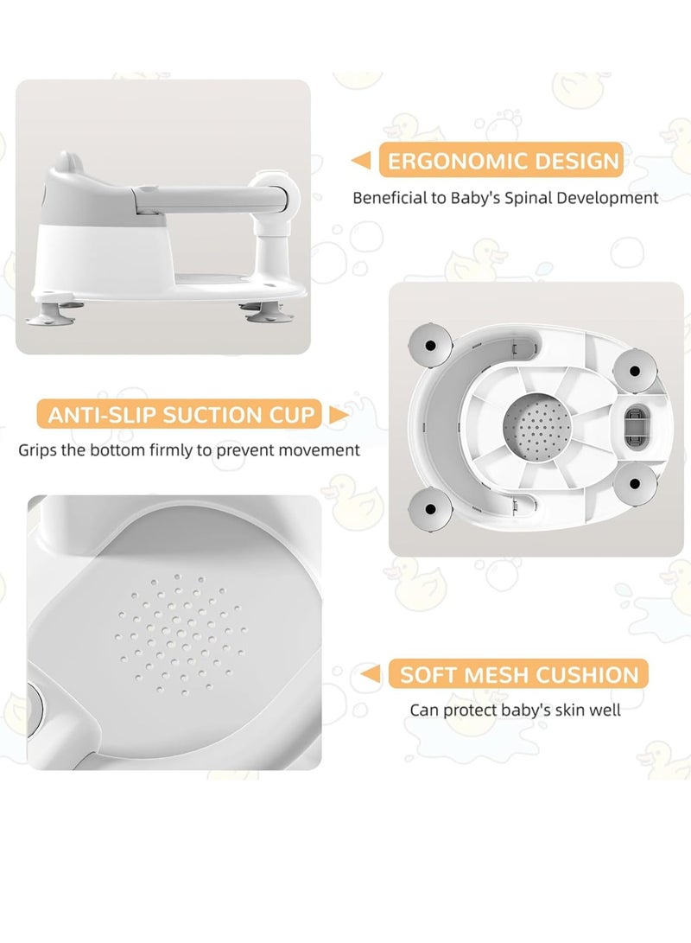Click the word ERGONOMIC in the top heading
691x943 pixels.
(x=447, y=161)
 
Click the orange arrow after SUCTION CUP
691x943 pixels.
(x=339, y=414)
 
